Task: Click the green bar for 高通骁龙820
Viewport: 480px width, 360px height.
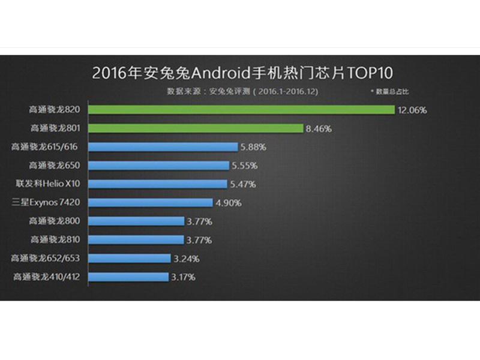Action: click(x=241, y=110)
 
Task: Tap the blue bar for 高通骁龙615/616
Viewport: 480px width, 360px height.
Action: click(x=163, y=147)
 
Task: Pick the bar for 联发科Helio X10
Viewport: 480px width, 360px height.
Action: click(x=158, y=184)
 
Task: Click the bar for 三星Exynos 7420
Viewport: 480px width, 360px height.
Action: click(x=151, y=203)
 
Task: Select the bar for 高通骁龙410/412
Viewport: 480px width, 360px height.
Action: click(x=128, y=277)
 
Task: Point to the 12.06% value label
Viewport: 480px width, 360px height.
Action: click(x=412, y=110)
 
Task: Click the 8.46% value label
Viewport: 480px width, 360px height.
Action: click(x=319, y=128)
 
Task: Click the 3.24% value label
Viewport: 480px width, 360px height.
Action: click(x=185, y=259)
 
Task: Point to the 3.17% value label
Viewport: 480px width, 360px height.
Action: click(x=184, y=277)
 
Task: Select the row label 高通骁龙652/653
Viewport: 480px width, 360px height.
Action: click(x=50, y=259)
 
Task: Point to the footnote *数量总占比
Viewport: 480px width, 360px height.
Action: click(x=389, y=91)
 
